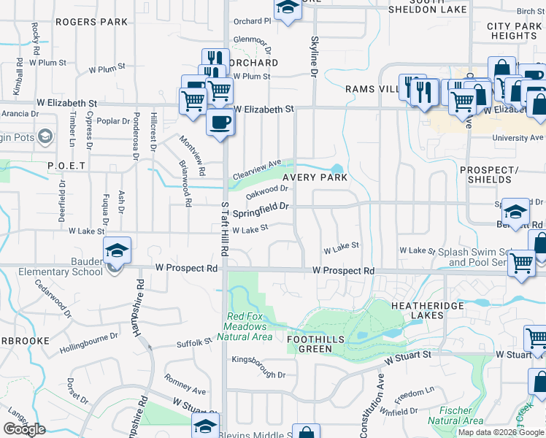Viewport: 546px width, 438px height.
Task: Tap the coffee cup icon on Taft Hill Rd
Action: coord(220,123)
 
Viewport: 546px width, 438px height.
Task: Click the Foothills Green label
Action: coord(320,344)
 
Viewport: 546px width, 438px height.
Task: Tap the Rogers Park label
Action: coord(91,23)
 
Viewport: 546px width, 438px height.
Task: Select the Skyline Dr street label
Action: coord(315,58)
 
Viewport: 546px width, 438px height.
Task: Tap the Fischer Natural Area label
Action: coord(455,415)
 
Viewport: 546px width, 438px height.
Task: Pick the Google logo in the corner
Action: coord(24,429)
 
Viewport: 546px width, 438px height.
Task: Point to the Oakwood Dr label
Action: coord(264,193)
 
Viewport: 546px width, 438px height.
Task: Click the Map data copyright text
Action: coord(501,432)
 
